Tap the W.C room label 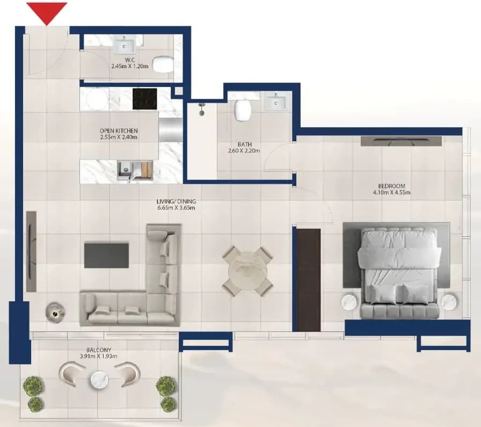click(x=130, y=60)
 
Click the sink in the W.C click(x=124, y=45)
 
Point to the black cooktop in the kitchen click(x=145, y=99)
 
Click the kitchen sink click(x=135, y=170)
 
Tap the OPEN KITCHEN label click(x=119, y=131)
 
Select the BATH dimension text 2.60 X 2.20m click(x=244, y=151)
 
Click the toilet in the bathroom click(x=243, y=110)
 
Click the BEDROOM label click(x=391, y=186)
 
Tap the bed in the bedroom click(x=398, y=273)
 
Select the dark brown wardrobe click(x=308, y=280)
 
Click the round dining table click(x=248, y=271)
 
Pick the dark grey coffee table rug click(x=106, y=256)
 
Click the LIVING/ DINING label click(x=177, y=201)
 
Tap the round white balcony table click(x=99, y=380)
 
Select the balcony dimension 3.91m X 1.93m click(x=98, y=357)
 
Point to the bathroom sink click(x=276, y=102)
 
